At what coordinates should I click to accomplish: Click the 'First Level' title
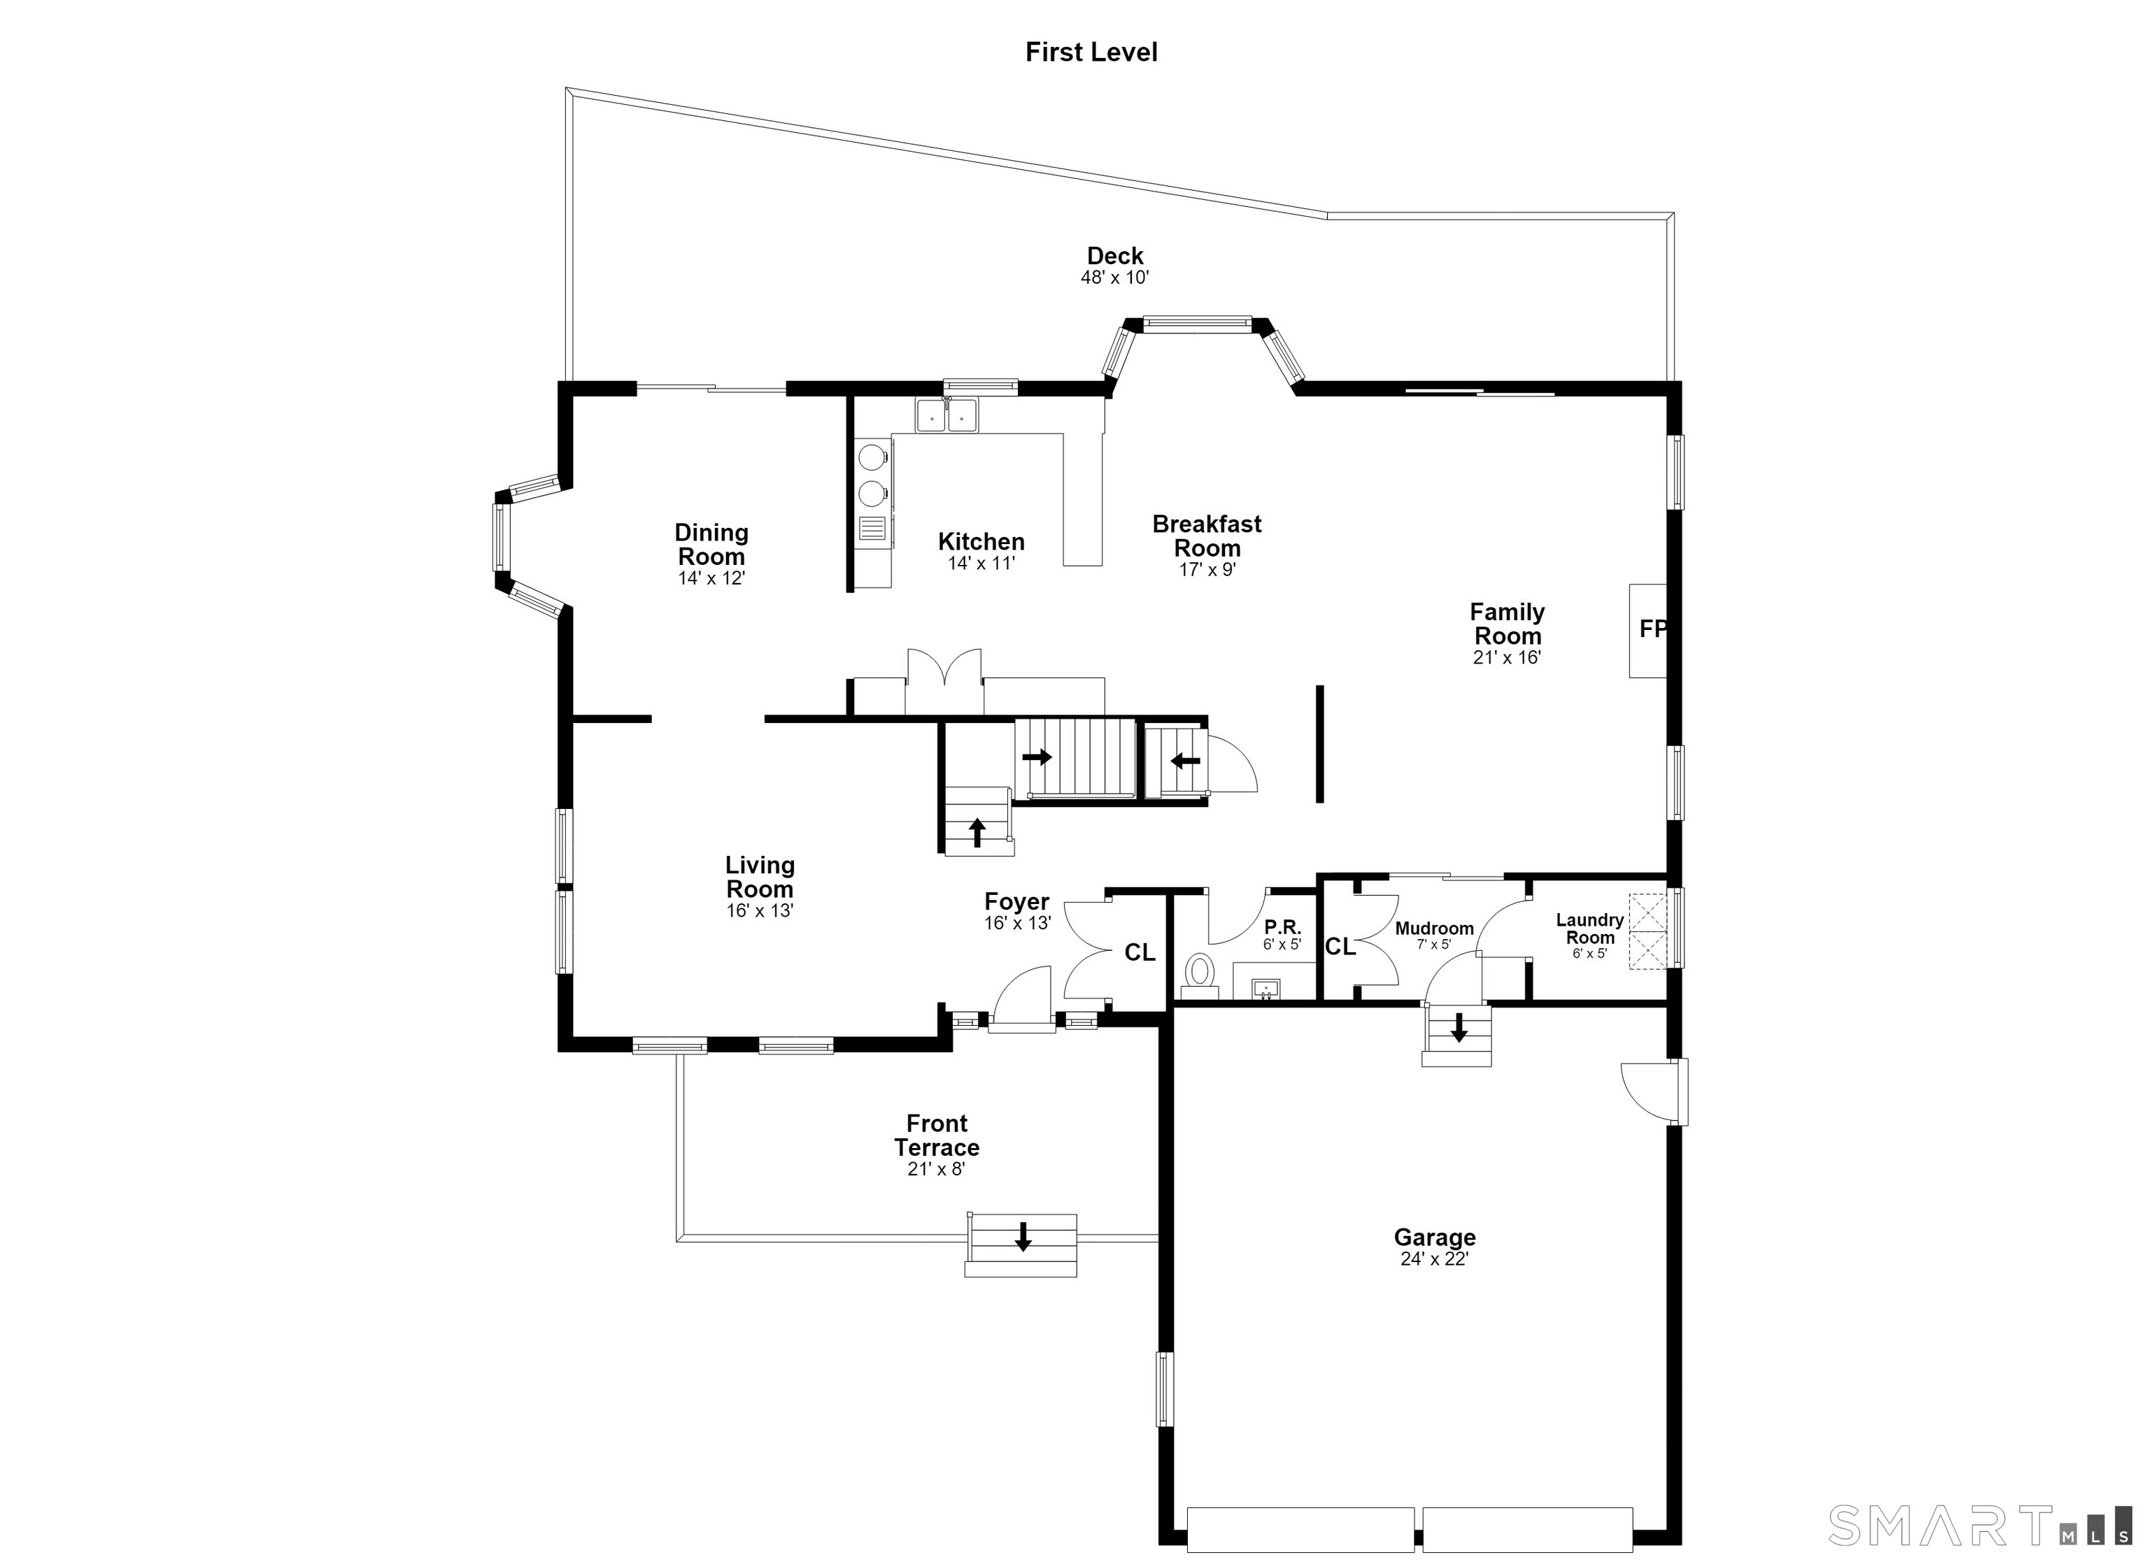[x=1091, y=52]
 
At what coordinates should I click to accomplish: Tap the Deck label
[x=1115, y=256]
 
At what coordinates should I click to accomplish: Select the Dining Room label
[x=711, y=545]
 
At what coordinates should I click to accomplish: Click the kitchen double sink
[x=946, y=415]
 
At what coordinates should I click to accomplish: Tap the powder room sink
[x=1267, y=989]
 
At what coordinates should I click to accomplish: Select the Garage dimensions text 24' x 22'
[x=1435, y=1259]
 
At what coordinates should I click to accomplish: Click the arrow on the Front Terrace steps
[x=1023, y=1236]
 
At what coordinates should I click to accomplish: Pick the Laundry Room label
[x=1590, y=929]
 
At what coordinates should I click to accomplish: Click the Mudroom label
[x=1435, y=929]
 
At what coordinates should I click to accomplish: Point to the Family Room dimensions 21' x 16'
[x=1508, y=657]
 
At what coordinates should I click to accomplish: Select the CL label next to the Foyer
[x=1140, y=953]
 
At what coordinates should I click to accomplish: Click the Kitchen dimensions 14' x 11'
[x=981, y=564]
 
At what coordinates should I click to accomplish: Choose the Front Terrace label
[x=937, y=1135]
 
